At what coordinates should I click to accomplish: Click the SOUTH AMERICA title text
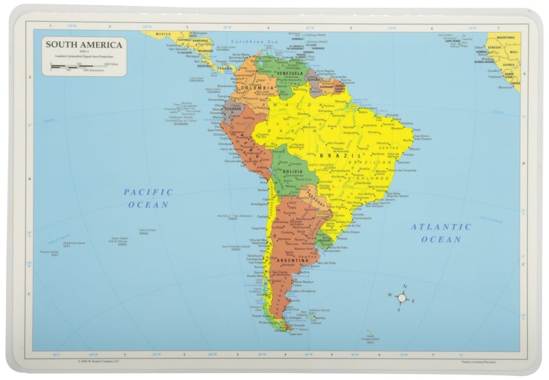(x=84, y=45)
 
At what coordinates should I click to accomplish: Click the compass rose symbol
(x=403, y=298)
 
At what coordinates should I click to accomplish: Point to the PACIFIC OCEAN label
(x=148, y=198)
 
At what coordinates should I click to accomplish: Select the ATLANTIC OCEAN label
(x=441, y=232)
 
